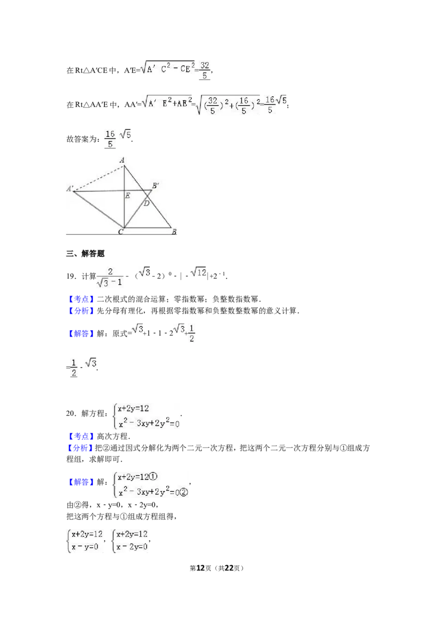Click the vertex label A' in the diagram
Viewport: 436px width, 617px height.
(x=70, y=189)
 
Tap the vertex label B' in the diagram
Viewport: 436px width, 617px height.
(x=155, y=185)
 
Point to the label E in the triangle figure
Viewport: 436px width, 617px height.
(x=128, y=196)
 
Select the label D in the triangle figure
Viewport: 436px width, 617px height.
(x=147, y=203)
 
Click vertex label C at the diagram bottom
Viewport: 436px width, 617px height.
(x=121, y=232)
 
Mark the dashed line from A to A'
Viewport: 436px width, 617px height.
(x=99, y=178)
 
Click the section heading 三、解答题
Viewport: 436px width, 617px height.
(x=86, y=253)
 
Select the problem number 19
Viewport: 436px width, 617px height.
(x=71, y=276)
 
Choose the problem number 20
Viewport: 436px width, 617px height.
(x=71, y=413)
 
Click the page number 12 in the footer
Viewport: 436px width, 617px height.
(x=201, y=568)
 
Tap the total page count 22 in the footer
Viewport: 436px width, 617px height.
(x=229, y=568)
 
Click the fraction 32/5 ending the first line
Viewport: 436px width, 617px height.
(x=204, y=70)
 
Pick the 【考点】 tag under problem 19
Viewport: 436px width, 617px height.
(x=81, y=299)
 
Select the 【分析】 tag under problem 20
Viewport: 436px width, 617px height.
(x=81, y=448)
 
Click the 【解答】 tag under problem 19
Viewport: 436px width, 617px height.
(x=81, y=334)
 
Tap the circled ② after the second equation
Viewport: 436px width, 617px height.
(x=183, y=492)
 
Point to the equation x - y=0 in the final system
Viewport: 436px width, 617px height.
(x=84, y=547)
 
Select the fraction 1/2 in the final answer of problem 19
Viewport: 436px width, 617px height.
(x=74, y=368)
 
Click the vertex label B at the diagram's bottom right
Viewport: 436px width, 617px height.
(x=174, y=232)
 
